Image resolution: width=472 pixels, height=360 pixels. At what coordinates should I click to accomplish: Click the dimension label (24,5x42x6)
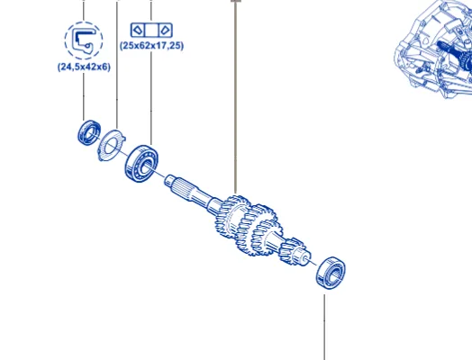coord(84,67)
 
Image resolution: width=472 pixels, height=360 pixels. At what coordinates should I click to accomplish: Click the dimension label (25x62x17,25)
coord(151,46)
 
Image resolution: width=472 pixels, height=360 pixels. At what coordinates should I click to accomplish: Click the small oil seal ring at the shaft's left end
coord(88,132)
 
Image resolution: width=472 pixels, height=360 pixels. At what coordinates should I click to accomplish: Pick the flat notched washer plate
coord(112,145)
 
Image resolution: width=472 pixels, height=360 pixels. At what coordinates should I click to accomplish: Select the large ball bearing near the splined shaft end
coord(141,163)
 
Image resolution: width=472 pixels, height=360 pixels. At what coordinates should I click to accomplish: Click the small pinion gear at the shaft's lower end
coord(289,251)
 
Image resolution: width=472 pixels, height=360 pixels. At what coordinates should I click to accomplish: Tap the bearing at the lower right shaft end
coord(331,273)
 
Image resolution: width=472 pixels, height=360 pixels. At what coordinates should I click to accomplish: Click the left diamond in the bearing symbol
coord(138,30)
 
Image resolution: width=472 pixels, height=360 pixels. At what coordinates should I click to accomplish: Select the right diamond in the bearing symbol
coord(165,30)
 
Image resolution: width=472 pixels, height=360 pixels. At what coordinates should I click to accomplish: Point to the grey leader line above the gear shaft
coord(236,97)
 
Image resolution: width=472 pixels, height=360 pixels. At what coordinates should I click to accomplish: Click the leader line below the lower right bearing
coord(324,328)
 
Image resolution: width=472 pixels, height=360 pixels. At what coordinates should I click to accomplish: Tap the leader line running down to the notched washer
coord(117,65)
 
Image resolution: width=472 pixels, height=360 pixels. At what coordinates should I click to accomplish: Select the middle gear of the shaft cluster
coord(255,229)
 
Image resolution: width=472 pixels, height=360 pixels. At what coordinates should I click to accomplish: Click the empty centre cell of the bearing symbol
coord(151,30)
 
